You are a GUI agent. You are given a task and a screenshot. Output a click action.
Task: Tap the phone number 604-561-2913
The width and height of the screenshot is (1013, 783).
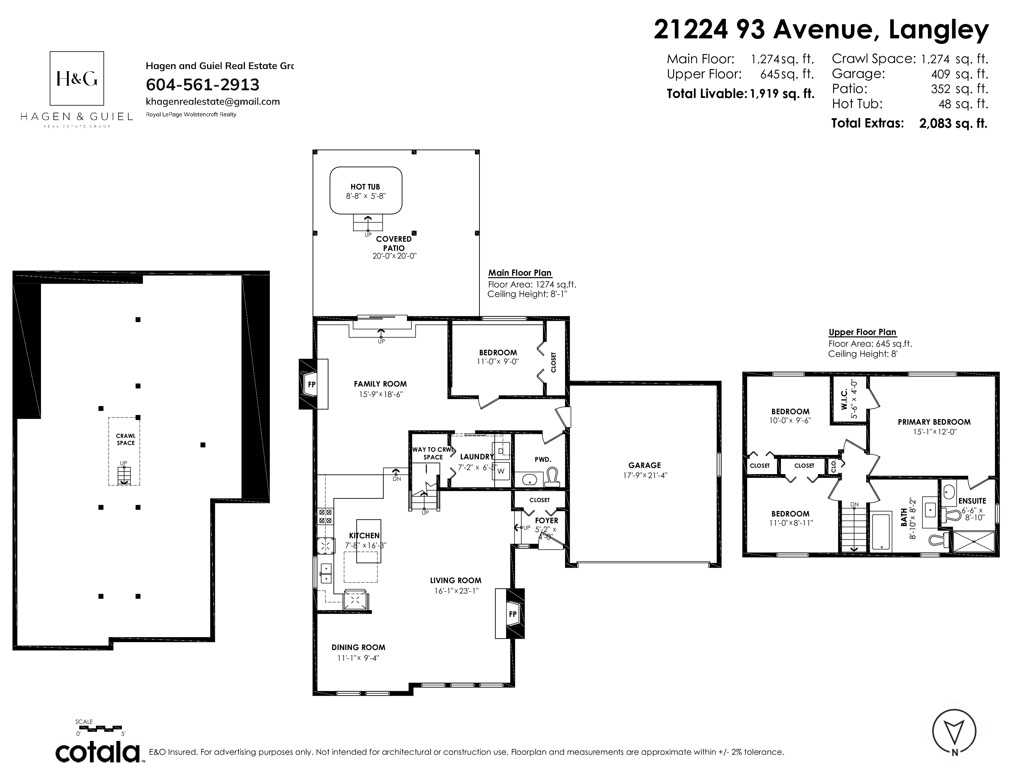point(202,84)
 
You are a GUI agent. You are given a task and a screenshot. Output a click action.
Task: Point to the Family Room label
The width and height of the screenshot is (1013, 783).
point(380,384)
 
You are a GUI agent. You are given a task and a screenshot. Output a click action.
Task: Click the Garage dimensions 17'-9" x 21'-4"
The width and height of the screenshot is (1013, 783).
point(644,475)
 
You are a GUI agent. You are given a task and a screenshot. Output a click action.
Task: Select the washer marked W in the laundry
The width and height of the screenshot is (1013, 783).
point(501,471)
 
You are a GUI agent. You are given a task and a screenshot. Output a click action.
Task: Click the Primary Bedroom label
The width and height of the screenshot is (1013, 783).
point(934,422)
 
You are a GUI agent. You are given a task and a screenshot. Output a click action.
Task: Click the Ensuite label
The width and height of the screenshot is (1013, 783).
point(972,501)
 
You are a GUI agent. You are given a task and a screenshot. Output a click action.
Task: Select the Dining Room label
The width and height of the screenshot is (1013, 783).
point(358,648)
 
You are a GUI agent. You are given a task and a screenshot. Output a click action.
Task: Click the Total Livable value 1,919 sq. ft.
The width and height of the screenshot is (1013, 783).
point(782,94)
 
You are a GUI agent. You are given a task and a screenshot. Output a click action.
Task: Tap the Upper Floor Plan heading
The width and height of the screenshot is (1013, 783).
point(862,332)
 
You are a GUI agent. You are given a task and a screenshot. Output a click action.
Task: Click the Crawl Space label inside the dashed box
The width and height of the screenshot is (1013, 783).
point(126,439)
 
